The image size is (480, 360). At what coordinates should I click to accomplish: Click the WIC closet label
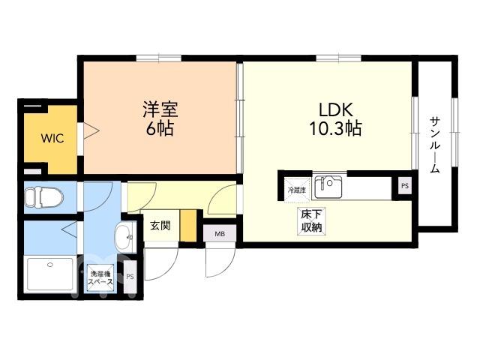[52, 138]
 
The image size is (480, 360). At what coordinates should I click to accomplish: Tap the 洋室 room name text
[160, 109]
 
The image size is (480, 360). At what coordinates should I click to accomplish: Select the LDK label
[336, 109]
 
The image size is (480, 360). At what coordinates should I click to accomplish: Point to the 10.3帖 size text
[336, 128]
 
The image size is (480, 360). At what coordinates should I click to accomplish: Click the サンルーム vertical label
[435, 145]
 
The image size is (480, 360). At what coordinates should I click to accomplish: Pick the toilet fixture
[43, 196]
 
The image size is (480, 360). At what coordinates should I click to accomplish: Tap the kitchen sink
[328, 187]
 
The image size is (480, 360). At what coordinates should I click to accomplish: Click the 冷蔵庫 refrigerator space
[297, 190]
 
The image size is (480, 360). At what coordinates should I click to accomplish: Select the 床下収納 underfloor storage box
[311, 221]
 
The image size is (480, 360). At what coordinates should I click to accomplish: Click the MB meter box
[220, 234]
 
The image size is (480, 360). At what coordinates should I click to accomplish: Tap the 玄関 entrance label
[160, 226]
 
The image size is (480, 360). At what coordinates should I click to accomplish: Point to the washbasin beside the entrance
[124, 238]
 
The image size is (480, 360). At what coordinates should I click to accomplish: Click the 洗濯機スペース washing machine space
[100, 278]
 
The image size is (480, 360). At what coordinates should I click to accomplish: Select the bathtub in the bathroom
[50, 274]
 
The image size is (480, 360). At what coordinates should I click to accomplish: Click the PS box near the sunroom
[405, 186]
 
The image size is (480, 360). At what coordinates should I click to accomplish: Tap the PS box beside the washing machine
[130, 277]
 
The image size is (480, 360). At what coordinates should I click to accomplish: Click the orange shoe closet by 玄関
[188, 226]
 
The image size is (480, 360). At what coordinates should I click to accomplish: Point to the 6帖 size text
[160, 129]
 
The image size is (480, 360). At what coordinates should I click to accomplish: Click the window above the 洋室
[159, 58]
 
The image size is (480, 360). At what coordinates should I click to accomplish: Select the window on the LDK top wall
[338, 58]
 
